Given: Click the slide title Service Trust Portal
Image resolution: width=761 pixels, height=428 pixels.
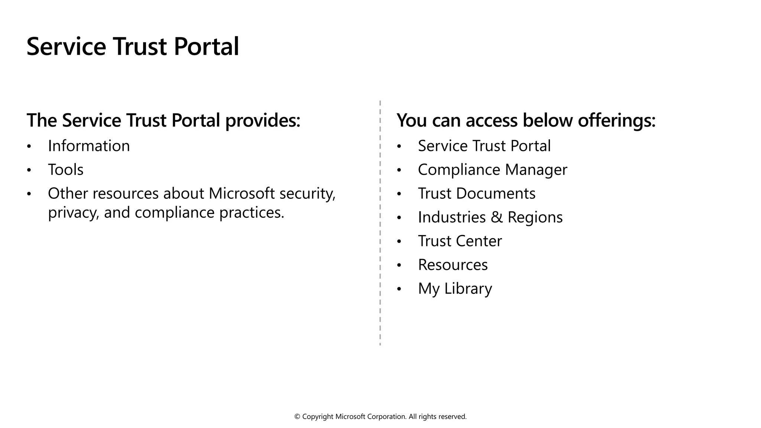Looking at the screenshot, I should pos(133,46).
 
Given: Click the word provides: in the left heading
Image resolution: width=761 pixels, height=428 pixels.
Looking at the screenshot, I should pos(263,120).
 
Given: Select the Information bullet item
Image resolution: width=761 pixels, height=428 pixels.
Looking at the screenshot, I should pos(89,146).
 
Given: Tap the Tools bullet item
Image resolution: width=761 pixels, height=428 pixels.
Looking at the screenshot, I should pos(66,170).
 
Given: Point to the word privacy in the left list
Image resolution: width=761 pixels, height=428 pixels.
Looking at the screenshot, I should pos(73,213).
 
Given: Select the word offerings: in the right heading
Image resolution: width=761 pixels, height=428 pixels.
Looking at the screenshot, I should pos(617,120).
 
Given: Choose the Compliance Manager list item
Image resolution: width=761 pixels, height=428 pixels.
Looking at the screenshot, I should pos(492,170).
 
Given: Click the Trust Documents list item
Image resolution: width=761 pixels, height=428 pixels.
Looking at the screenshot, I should pos(477,194).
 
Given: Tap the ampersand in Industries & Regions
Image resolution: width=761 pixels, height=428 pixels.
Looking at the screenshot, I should pos(496,217).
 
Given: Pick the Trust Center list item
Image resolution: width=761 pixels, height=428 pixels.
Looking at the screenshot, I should pos(460,241).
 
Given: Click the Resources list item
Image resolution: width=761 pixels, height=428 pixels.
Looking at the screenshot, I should pos(453,265).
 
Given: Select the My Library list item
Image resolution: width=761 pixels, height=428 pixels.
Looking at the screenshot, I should pos(455,289).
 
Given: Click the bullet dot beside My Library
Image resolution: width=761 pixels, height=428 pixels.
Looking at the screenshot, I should pos(399,289).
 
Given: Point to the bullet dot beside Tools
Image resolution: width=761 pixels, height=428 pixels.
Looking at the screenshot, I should pos(29,170).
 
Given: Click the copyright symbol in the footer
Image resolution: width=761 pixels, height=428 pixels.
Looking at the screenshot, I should pos(297,417).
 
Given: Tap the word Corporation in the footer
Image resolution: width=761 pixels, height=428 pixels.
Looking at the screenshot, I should pos(386,417).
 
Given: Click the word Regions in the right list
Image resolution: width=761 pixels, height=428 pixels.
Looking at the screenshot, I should pos(535,217).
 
